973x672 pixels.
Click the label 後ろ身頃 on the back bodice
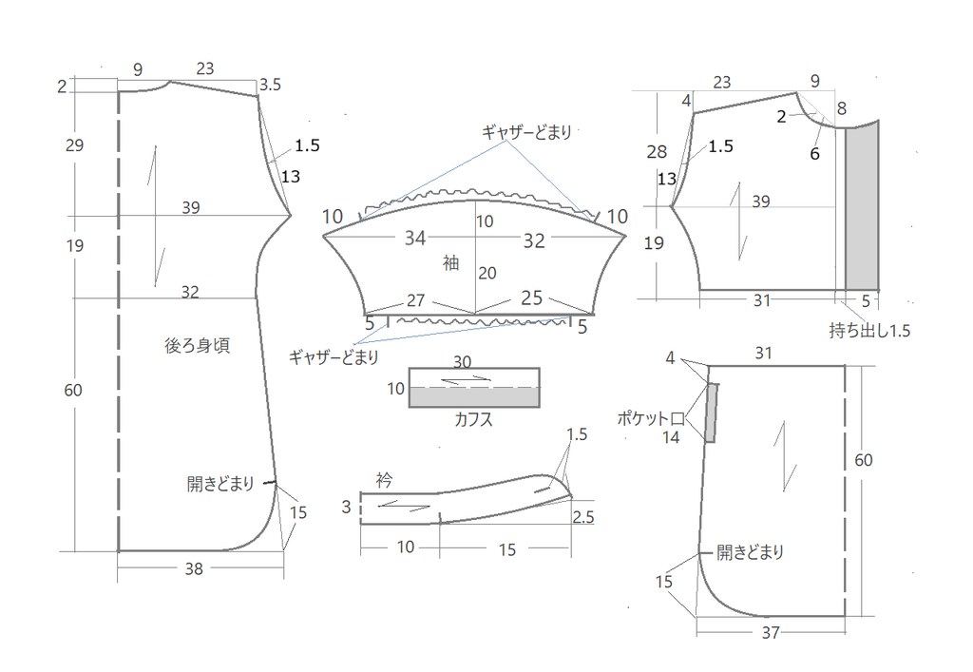(x=198, y=345)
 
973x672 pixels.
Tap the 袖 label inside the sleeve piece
(x=451, y=263)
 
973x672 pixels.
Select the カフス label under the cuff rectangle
(x=473, y=419)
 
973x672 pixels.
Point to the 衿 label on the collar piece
(x=384, y=480)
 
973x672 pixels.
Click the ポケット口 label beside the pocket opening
(x=650, y=418)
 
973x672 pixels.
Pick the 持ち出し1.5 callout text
(x=869, y=330)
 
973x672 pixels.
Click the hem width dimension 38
(x=194, y=568)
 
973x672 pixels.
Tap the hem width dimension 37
(x=770, y=632)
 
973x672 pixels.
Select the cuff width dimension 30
(x=463, y=361)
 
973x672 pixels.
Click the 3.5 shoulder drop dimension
(x=270, y=85)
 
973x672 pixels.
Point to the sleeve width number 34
(x=415, y=238)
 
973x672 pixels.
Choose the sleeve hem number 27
(x=416, y=300)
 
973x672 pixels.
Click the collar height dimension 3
(x=346, y=507)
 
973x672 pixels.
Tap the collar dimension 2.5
(x=583, y=517)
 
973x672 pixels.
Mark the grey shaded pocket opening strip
(x=711, y=413)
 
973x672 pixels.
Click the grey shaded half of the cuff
(x=474, y=397)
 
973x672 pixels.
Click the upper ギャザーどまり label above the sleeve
(x=526, y=131)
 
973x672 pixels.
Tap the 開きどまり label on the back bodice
(x=220, y=484)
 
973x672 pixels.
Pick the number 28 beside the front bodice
(x=657, y=151)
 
